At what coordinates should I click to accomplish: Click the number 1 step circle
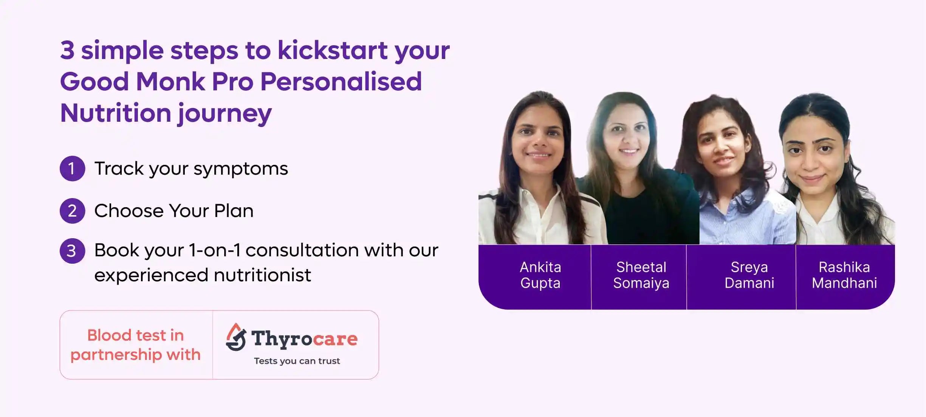pos(72,169)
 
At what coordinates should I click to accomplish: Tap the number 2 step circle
pos(72,211)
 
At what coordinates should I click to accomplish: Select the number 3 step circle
pos(72,251)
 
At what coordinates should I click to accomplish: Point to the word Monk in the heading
pos(170,81)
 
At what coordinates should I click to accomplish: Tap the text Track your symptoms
pos(191,169)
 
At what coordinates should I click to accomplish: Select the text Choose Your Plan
pos(174,211)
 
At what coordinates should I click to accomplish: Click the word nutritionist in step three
pos(262,275)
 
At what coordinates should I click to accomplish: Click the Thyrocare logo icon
pos(236,337)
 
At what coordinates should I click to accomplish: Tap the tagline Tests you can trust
pos(297,361)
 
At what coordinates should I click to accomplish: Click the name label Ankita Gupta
pos(540,275)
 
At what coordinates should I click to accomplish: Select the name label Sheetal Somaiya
pos(641,275)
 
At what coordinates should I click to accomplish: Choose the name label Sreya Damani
pos(749,275)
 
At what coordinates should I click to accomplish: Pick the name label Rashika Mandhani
pos(844,275)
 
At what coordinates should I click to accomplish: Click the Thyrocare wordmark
pos(304,339)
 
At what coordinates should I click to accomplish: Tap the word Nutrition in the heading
pos(116,113)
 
